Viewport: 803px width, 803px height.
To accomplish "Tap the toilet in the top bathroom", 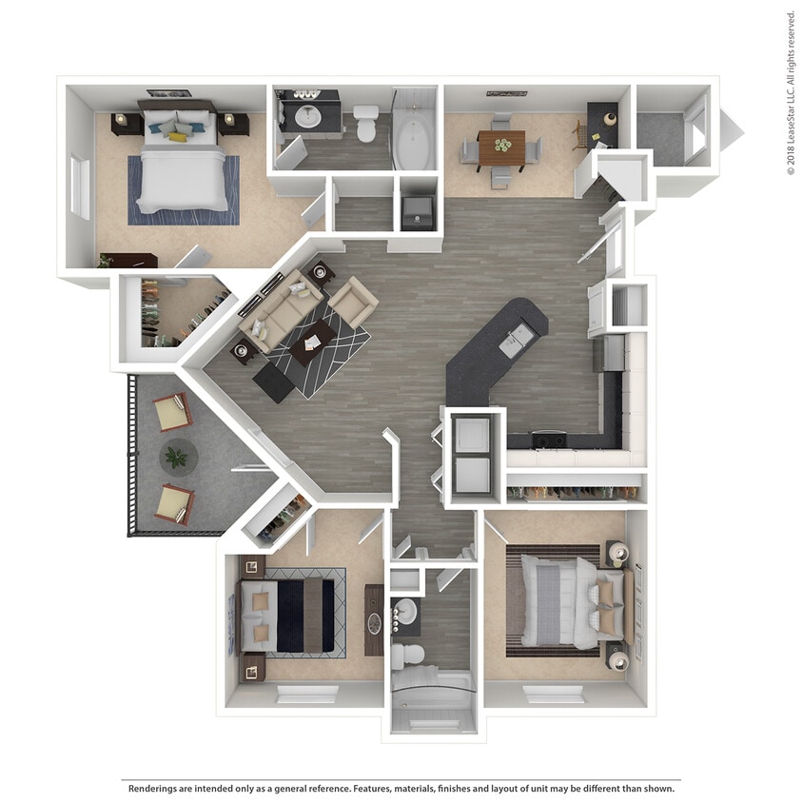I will (366, 124).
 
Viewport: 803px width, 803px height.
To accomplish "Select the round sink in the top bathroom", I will (308, 117).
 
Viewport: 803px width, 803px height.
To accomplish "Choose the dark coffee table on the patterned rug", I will (313, 342).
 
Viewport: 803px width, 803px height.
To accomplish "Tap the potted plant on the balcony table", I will (176, 458).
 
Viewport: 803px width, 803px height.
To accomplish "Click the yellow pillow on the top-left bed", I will (177, 136).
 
